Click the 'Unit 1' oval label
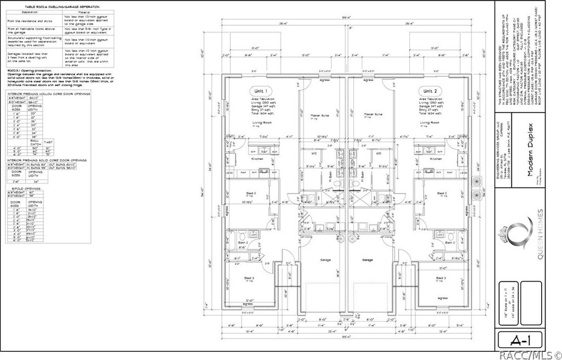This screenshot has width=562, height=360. pyautogui.click(x=260, y=91)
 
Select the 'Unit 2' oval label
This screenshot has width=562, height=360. pyautogui.click(x=430, y=91)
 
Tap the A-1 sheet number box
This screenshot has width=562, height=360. pyautogui.click(x=520, y=339)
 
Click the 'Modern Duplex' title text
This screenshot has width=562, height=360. pyautogui.click(x=531, y=149)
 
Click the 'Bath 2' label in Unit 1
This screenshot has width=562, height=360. pyautogui.click(x=244, y=241)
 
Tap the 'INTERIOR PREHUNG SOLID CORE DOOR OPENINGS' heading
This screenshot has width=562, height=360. pyautogui.click(x=47, y=160)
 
